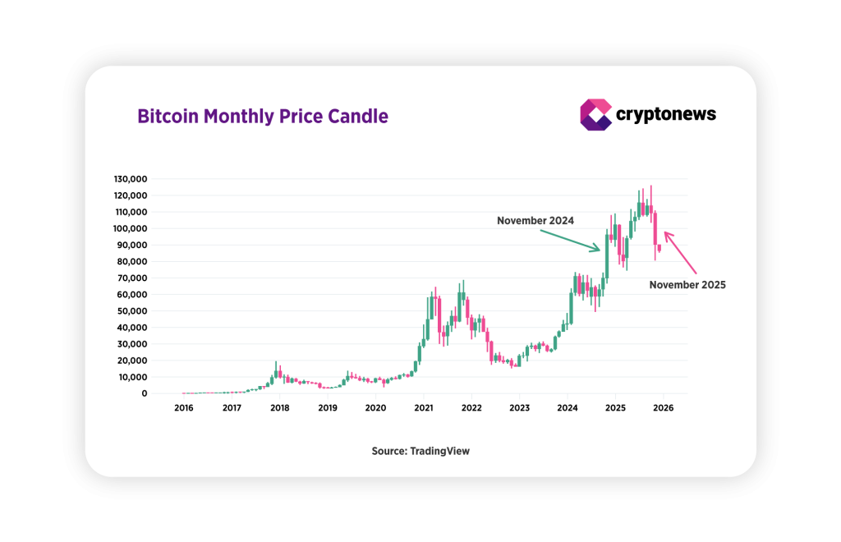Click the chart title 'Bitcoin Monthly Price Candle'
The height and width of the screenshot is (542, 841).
(x=262, y=116)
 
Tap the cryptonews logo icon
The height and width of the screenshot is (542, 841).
(x=595, y=114)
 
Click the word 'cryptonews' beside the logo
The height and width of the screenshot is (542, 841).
(x=666, y=114)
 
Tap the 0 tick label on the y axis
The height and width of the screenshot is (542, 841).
(x=144, y=393)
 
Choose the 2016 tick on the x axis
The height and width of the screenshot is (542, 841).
(x=184, y=407)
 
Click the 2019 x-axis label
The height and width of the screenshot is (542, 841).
(x=328, y=407)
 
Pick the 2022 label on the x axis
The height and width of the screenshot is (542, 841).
(x=471, y=407)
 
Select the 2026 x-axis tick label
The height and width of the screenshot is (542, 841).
(x=664, y=407)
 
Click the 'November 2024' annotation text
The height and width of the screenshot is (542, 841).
(x=535, y=221)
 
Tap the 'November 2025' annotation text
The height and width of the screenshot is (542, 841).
(x=687, y=285)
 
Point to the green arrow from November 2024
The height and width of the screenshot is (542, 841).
(x=571, y=239)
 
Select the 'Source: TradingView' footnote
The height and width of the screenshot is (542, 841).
(x=420, y=451)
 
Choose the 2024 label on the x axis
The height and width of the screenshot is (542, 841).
(x=568, y=407)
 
